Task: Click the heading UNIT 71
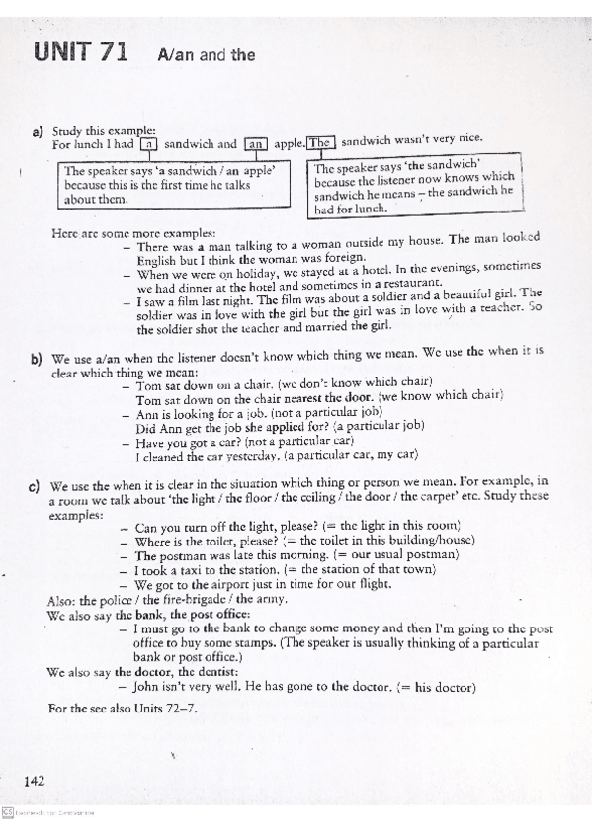pos(80,53)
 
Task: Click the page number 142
pos(36,780)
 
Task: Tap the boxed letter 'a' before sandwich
pos(148,143)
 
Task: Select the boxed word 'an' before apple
pos(255,143)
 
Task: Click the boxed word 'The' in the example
pos(320,143)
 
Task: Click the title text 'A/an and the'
pos(206,55)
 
